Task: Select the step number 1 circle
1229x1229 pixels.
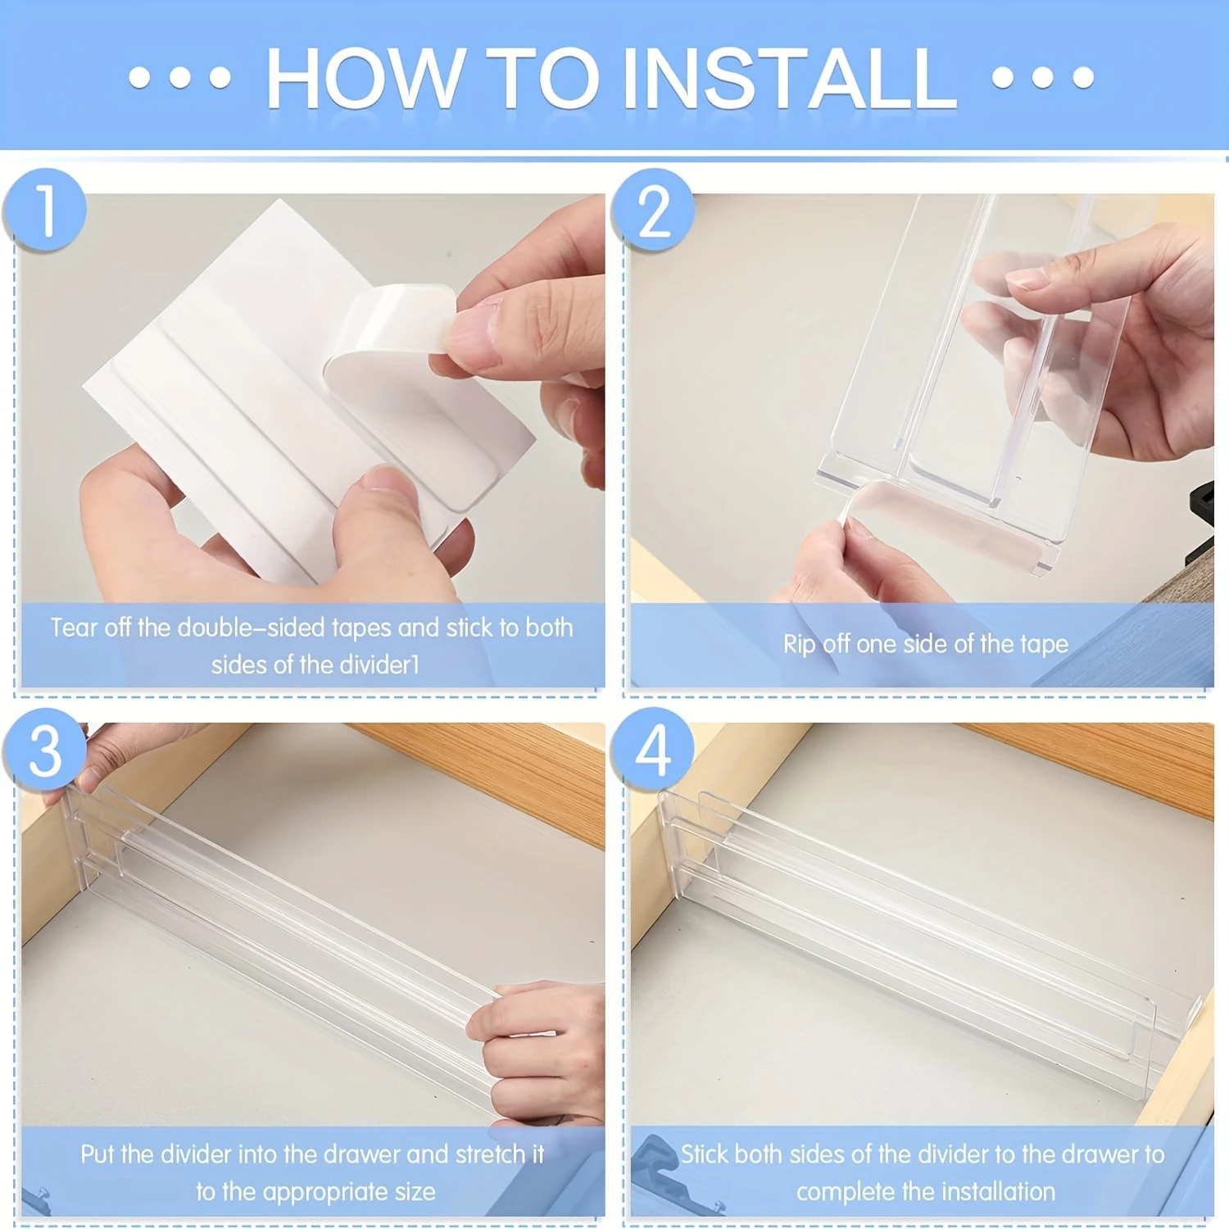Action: [x=45, y=211]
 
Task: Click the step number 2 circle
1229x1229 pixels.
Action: [x=653, y=211]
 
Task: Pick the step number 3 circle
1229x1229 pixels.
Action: [x=45, y=750]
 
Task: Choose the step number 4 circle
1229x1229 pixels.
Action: [x=653, y=750]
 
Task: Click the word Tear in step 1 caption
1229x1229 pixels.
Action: [x=75, y=628]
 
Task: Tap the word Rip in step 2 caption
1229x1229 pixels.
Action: [x=799, y=644]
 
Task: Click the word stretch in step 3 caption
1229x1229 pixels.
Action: [x=490, y=1154]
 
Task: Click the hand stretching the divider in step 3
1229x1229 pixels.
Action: [x=541, y=1049]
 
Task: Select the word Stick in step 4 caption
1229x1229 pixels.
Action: [x=703, y=1154]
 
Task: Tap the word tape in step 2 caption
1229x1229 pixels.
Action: [x=1044, y=644]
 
